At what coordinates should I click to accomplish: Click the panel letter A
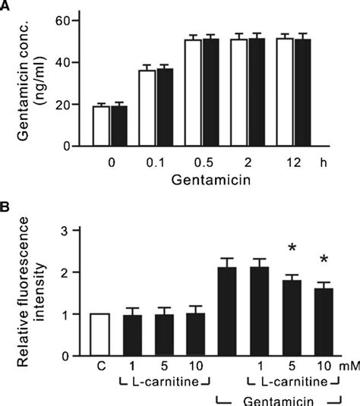tap(8, 7)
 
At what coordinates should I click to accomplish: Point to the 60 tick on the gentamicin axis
tap(71, 20)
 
